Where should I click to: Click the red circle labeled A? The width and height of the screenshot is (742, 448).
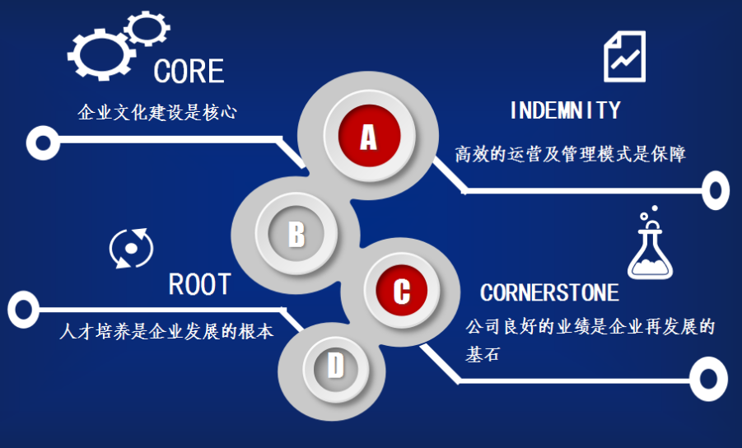pyautogui.click(x=368, y=136)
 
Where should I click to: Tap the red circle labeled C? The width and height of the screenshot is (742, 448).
pyautogui.click(x=401, y=289)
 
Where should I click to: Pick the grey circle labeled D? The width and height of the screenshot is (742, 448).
pyautogui.click(x=335, y=365)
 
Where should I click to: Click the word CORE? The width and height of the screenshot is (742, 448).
pyautogui.click(x=189, y=72)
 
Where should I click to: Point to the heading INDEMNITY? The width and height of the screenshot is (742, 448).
pyautogui.click(x=565, y=110)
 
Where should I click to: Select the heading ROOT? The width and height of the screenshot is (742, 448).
pyautogui.click(x=199, y=285)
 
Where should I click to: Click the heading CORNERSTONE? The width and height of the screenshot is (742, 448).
pyautogui.click(x=549, y=292)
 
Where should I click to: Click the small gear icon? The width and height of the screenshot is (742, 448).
pyautogui.click(x=147, y=28)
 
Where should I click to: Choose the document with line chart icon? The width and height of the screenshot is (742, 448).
pyautogui.click(x=625, y=55)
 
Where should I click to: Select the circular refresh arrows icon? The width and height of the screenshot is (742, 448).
pyautogui.click(x=131, y=248)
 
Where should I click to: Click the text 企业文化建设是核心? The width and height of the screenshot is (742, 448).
pyautogui.click(x=157, y=112)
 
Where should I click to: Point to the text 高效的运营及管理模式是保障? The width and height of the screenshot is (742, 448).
pyautogui.click(x=570, y=154)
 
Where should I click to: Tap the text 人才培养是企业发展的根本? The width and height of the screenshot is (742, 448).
pyautogui.click(x=166, y=331)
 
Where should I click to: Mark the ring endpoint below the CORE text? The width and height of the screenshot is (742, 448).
pyautogui.click(x=42, y=142)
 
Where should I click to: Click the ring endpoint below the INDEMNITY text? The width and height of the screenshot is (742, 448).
pyautogui.click(x=715, y=191)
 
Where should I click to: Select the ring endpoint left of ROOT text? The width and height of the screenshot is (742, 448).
pyautogui.click(x=23, y=310)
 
